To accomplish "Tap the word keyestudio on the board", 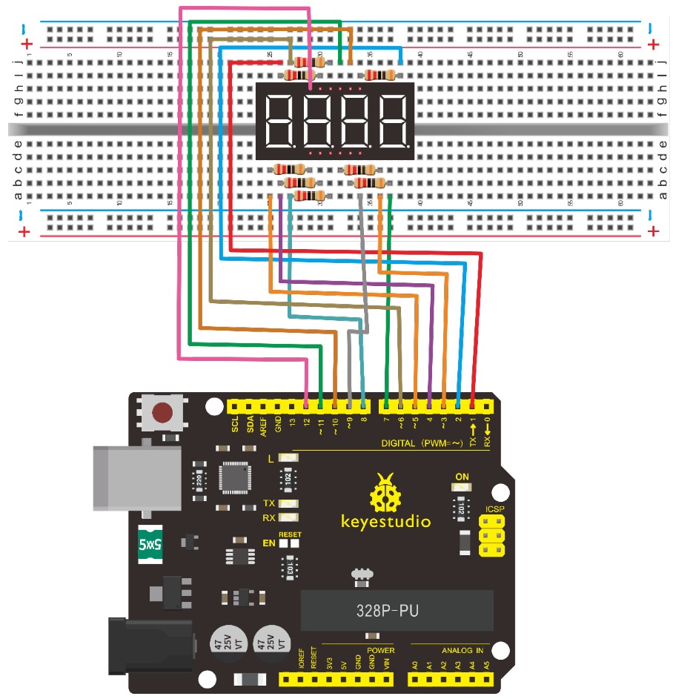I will pos(385,521).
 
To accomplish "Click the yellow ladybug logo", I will pos(385,491).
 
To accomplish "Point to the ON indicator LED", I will pos(462,488).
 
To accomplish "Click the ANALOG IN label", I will pos(463,651).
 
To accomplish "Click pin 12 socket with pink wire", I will pos(307,405).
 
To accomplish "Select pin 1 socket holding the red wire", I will pos(472,405).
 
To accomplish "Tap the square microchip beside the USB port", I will pos(238,478).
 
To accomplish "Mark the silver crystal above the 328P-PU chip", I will pos(362,574).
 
